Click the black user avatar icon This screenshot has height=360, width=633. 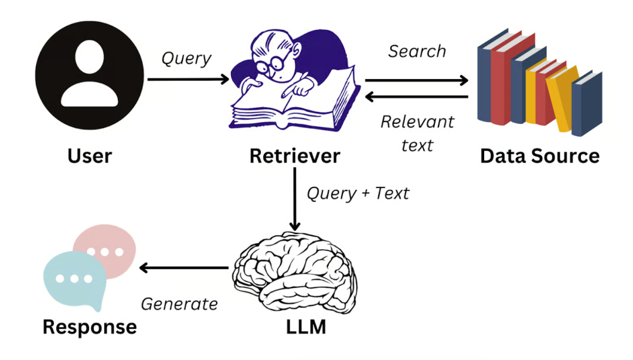(x=89, y=76)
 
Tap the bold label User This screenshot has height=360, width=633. (x=90, y=156)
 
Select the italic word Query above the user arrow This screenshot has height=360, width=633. (x=186, y=59)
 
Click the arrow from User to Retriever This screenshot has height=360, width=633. (x=189, y=79)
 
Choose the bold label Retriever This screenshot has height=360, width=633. (x=295, y=156)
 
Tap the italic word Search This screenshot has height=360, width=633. (x=417, y=52)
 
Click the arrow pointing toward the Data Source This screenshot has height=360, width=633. (x=417, y=80)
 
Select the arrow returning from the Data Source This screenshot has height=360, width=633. (x=417, y=97)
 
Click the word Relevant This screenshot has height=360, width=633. (x=417, y=121)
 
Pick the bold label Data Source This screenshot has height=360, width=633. (x=540, y=156)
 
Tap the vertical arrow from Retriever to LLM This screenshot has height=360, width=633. (x=295, y=199)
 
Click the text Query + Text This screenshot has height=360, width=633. (x=358, y=193)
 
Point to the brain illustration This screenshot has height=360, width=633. (x=295, y=273)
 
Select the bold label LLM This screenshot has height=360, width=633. (x=306, y=327)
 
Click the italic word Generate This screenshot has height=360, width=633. (x=179, y=304)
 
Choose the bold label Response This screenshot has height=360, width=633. (x=90, y=327)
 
